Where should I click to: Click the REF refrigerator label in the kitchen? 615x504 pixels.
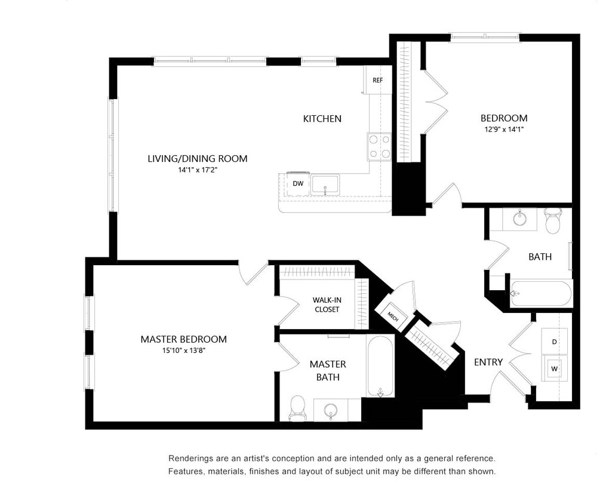tap(377, 80)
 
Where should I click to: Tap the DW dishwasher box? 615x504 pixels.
tap(297, 184)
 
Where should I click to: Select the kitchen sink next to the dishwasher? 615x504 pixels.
tap(325, 184)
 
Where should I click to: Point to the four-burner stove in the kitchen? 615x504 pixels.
tap(379, 147)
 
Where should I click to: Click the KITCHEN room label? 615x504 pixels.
tap(322, 119)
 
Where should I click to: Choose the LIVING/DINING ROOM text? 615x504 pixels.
tap(198, 159)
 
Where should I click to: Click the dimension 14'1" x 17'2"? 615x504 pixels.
tap(198, 170)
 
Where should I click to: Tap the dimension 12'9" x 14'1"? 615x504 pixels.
tap(504, 130)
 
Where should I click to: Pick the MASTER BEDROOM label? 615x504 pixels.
tap(183, 339)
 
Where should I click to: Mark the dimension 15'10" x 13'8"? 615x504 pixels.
tap(183, 351)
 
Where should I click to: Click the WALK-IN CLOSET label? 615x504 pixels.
tap(327, 305)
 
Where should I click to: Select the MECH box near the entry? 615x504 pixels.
tap(392, 316)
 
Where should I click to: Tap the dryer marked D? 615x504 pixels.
tap(554, 342)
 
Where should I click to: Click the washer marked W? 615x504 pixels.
tap(554, 368)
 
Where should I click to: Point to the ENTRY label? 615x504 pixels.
tap(488, 362)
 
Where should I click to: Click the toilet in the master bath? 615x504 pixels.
tap(297, 408)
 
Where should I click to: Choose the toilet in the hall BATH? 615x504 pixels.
tap(553, 220)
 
